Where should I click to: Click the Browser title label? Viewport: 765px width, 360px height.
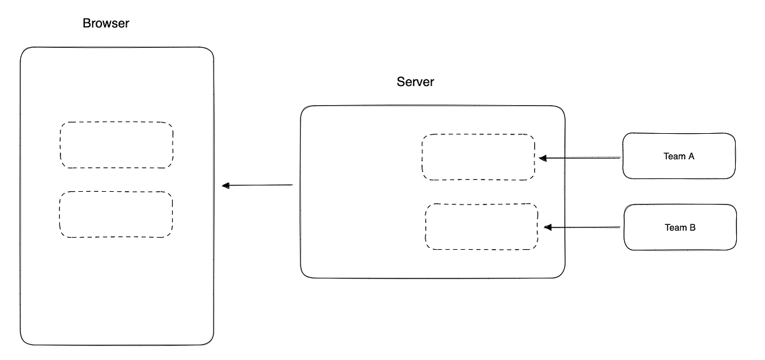(x=106, y=24)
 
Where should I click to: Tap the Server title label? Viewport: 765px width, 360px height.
(x=415, y=82)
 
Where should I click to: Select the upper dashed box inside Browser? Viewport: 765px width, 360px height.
(x=116, y=145)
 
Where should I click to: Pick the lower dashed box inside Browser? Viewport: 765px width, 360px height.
(x=116, y=214)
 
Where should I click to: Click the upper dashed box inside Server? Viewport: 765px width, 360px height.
(x=478, y=157)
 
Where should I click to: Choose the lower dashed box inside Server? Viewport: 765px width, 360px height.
(x=481, y=226)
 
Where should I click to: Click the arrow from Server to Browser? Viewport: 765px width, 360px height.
(x=258, y=185)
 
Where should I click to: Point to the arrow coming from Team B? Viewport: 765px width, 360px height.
(x=582, y=227)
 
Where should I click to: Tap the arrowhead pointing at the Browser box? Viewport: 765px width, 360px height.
(x=226, y=185)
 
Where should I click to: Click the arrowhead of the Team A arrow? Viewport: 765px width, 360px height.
(x=542, y=157)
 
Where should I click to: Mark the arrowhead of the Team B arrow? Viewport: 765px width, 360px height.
(x=548, y=227)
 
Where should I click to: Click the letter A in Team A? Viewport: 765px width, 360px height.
(x=690, y=156)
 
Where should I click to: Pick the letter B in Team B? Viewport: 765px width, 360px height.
(x=692, y=227)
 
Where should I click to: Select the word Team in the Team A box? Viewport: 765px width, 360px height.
(x=674, y=156)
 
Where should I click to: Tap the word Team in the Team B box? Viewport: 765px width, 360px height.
(x=675, y=227)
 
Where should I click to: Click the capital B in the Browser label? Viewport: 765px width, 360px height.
(x=87, y=24)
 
